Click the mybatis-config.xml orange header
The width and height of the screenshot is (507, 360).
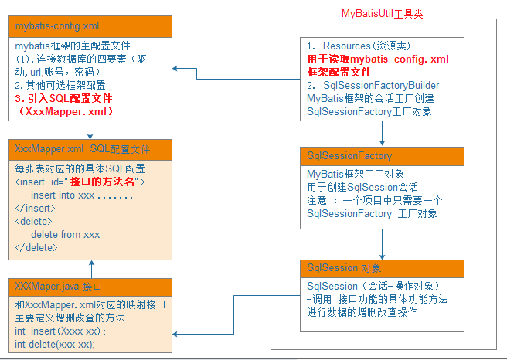(x=90, y=26)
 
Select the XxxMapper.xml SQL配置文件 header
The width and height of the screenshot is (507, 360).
(x=90, y=148)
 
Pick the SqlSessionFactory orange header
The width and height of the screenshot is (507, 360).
(x=381, y=157)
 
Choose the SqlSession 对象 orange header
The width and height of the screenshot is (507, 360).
(x=381, y=268)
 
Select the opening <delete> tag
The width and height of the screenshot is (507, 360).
(x=34, y=222)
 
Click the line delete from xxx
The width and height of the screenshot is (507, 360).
(x=66, y=234)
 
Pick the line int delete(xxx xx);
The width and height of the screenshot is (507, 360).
(x=54, y=344)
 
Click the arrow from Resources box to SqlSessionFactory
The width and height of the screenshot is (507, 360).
(x=382, y=134)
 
